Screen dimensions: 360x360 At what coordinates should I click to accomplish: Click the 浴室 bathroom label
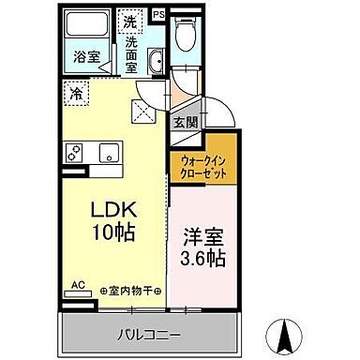87,57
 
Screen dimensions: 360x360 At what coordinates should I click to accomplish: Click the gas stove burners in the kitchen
74,152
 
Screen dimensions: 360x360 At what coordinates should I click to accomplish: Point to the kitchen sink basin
108,153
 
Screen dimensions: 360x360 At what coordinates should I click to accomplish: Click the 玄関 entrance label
184,121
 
